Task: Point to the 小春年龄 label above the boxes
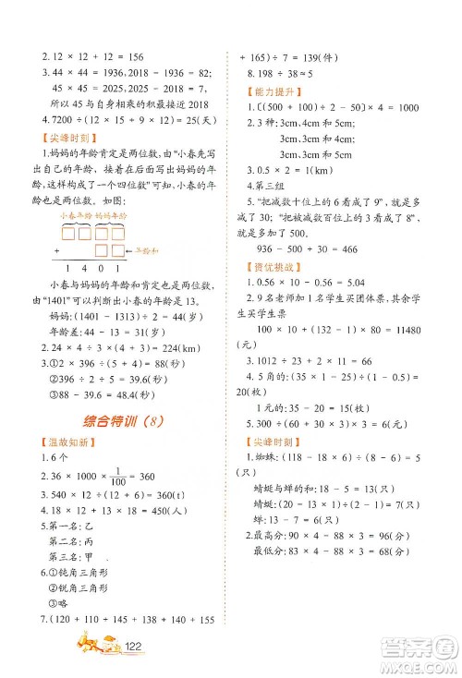coord(73,216)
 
